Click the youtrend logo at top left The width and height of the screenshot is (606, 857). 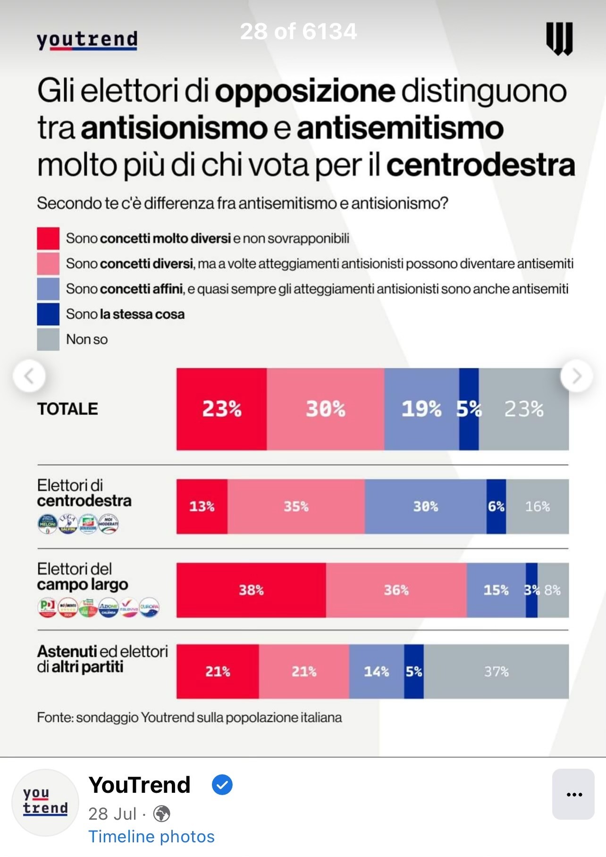click(87, 40)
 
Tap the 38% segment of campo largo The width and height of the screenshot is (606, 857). click(251, 590)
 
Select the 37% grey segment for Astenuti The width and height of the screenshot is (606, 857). click(496, 671)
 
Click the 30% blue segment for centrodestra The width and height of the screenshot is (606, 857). click(425, 506)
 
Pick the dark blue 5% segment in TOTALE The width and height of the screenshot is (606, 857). click(469, 409)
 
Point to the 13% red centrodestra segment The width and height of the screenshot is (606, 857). click(202, 506)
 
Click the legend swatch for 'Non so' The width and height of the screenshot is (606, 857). click(48, 339)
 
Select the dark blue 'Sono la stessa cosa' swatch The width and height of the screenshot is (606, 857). click(48, 314)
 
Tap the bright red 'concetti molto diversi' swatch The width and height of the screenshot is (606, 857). click(48, 238)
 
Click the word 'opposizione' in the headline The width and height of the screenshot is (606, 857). click(305, 91)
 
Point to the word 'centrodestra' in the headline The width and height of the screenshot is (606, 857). click(480, 165)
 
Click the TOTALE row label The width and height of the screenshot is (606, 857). click(67, 409)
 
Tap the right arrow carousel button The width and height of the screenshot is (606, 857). click(576, 376)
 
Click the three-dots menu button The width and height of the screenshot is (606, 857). click(573, 794)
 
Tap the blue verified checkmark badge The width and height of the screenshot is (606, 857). click(222, 785)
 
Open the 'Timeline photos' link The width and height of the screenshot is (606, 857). click(151, 836)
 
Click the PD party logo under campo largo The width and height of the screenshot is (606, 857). click(47, 607)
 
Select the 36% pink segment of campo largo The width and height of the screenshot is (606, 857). click(396, 590)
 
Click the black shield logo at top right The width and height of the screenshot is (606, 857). click(559, 39)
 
